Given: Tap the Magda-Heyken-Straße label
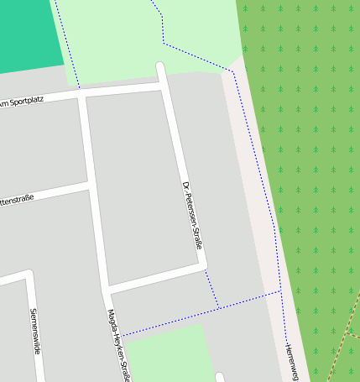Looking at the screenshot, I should point(117,345).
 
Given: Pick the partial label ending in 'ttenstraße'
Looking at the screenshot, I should point(17,201).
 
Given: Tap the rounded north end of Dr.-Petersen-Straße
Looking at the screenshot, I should point(160,66).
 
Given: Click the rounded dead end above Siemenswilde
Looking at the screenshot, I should point(29,275).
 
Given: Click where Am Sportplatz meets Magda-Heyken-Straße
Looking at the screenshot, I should point(81,94).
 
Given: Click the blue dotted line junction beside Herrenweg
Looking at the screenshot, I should point(280,291).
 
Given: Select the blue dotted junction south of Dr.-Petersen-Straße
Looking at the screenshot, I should point(218,308).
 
